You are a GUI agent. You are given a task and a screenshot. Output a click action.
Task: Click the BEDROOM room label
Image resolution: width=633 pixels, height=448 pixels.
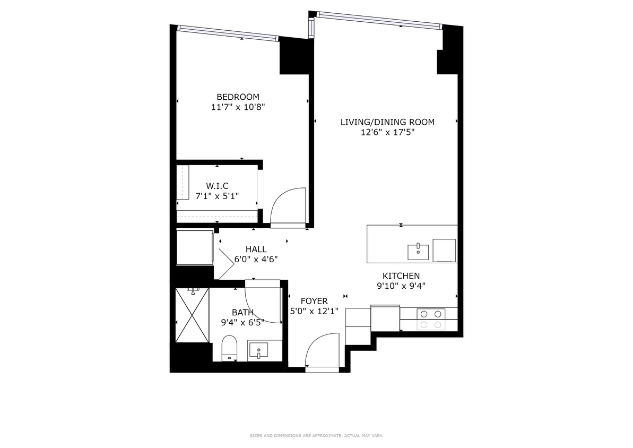[x=238, y=97]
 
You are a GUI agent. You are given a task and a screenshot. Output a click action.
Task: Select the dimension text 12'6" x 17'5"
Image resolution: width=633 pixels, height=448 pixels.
[x=387, y=133]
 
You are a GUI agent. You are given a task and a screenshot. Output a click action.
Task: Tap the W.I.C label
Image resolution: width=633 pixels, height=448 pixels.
[x=217, y=186]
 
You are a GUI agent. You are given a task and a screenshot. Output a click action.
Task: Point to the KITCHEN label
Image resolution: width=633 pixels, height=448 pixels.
[x=401, y=276]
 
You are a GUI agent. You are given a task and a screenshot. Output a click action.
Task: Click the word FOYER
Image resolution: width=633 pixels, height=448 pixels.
[x=314, y=301]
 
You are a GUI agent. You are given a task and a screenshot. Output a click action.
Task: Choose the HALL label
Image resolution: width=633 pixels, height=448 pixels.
[x=256, y=249]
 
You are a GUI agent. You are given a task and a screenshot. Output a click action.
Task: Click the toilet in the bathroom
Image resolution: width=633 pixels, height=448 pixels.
[x=229, y=348]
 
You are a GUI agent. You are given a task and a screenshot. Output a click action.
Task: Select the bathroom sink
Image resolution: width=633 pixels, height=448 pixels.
[x=258, y=350]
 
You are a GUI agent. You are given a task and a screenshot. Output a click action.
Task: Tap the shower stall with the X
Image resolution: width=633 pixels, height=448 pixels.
[x=192, y=315]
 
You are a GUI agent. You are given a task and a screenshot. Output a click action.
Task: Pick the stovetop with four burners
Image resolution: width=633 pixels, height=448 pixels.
[x=430, y=319]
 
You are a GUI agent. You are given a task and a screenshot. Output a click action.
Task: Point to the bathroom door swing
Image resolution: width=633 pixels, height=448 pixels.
[x=263, y=305]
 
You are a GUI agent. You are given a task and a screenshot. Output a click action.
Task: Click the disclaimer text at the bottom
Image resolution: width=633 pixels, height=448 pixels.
[x=316, y=436]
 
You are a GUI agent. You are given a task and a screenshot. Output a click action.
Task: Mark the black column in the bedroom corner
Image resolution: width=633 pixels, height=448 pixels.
[x=293, y=57]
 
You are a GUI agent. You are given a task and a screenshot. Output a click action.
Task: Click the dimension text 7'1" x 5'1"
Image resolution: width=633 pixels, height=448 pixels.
[x=217, y=196]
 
